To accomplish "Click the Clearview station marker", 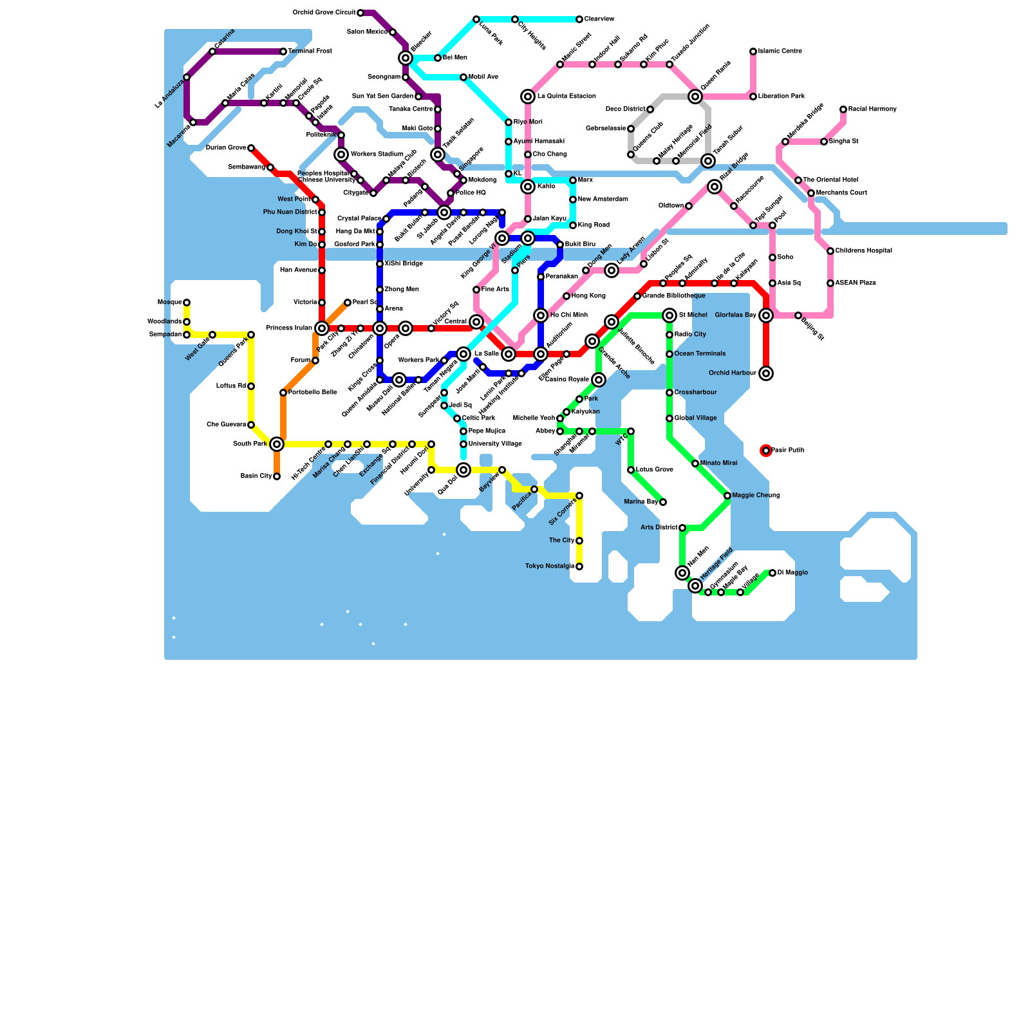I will click(579, 19).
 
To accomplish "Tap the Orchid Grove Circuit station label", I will click(324, 13).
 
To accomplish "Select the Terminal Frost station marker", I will click(283, 51).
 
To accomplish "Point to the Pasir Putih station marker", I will click(766, 451).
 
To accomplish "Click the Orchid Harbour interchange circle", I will click(766, 373).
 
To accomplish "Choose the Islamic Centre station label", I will click(780, 51).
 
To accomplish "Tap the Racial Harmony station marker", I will click(843, 109).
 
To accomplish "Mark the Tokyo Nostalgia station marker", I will click(579, 566).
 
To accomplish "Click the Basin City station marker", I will click(277, 476).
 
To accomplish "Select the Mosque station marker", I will click(187, 303).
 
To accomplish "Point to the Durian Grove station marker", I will click(251, 148).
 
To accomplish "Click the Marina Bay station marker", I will click(663, 502).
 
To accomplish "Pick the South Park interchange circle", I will click(277, 444).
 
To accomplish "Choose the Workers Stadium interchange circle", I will click(341, 154).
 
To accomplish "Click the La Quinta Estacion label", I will click(566, 97).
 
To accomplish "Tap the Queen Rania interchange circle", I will click(695, 97).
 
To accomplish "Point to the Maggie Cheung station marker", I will click(727, 496).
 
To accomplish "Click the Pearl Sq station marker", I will click(348, 303).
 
